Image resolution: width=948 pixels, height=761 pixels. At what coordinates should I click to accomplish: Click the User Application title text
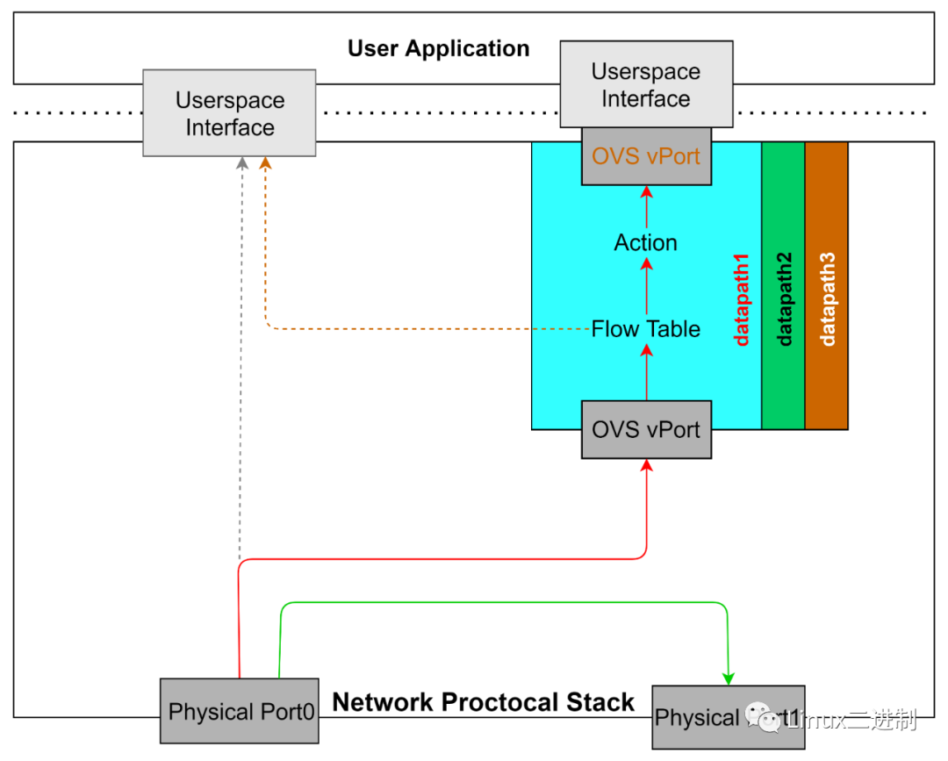pyautogui.click(x=438, y=48)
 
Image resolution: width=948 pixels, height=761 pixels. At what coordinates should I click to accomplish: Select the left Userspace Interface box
pyautogui.click(x=229, y=113)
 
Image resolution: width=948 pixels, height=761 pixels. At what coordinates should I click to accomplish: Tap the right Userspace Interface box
pyautogui.click(x=646, y=84)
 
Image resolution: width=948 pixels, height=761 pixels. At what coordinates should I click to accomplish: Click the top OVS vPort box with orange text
pyautogui.click(x=646, y=156)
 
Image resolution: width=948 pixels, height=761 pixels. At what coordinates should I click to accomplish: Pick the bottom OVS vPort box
pyautogui.click(x=646, y=430)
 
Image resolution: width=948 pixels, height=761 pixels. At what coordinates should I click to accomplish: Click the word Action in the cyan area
pyautogui.click(x=646, y=243)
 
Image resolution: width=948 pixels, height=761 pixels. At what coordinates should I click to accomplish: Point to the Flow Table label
pyautogui.click(x=646, y=329)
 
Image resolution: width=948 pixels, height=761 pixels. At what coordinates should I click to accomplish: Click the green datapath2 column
pyautogui.click(x=783, y=285)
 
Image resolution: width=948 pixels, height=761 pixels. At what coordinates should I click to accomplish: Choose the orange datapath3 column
pyautogui.click(x=827, y=285)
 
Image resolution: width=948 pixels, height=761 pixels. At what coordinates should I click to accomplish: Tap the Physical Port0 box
pyautogui.click(x=240, y=711)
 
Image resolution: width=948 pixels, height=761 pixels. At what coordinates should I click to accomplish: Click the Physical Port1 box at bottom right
pyautogui.click(x=728, y=717)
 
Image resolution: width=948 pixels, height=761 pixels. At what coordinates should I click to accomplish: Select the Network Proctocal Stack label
pyautogui.click(x=483, y=702)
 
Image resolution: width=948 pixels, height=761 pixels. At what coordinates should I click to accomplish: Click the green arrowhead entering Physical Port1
pyautogui.click(x=728, y=678)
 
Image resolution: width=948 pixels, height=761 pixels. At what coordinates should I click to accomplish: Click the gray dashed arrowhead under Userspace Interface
pyautogui.click(x=242, y=164)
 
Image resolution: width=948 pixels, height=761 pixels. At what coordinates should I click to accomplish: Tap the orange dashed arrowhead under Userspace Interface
pyautogui.click(x=266, y=164)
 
